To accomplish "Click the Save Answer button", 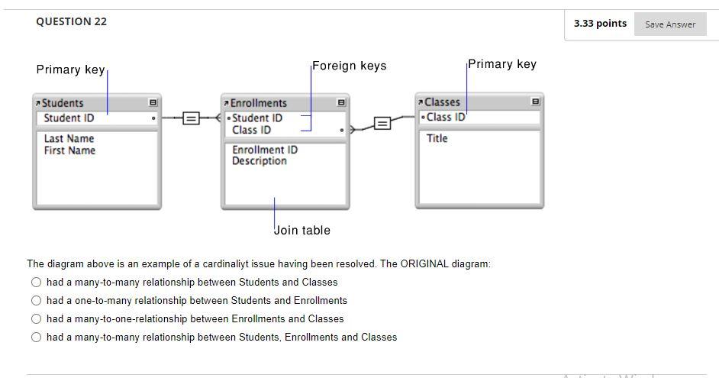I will click(x=669, y=24).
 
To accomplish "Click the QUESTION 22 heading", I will click(x=71, y=21).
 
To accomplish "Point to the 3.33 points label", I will click(x=600, y=24).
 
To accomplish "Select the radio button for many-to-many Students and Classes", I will click(x=36, y=282).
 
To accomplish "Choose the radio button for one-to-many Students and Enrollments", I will click(x=36, y=300).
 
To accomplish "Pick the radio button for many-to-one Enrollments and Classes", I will click(x=36, y=318).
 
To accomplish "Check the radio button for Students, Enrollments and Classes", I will click(x=36, y=337).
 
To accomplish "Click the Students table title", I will click(x=63, y=103).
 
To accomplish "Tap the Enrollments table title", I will click(x=259, y=103).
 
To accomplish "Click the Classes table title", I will click(x=442, y=102).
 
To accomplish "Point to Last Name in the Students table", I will click(x=69, y=138).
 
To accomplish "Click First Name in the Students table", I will click(x=69, y=150).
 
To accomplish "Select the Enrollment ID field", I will click(x=265, y=150).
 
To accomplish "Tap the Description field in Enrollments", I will click(x=260, y=161).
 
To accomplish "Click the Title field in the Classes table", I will click(x=437, y=138).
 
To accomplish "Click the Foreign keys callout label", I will click(x=350, y=66).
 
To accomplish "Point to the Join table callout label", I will click(x=302, y=230).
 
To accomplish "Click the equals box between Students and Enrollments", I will click(x=192, y=118).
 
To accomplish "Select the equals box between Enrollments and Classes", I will click(x=382, y=122).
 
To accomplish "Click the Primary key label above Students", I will click(x=70, y=69).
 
